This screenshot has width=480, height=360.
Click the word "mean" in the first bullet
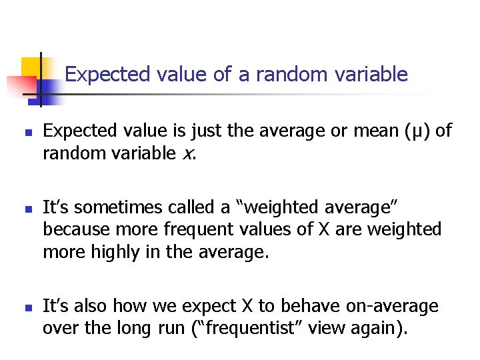click(366, 131)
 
